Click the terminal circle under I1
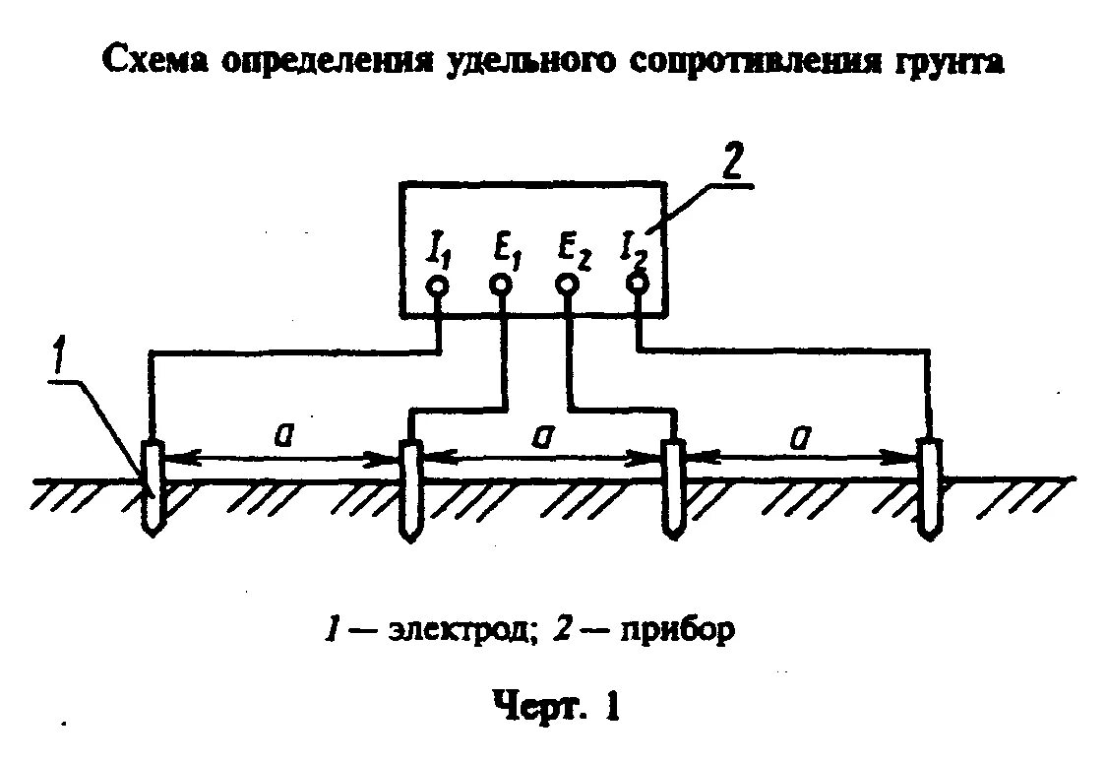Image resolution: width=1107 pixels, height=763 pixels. pyautogui.click(x=438, y=286)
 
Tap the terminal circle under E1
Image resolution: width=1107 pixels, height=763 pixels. pyautogui.click(x=501, y=286)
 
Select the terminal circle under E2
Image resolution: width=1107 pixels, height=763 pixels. pyautogui.click(x=567, y=286)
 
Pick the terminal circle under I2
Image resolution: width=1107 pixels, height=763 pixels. pyautogui.click(x=638, y=284)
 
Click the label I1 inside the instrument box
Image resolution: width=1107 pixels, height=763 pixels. pyautogui.click(x=437, y=247)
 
